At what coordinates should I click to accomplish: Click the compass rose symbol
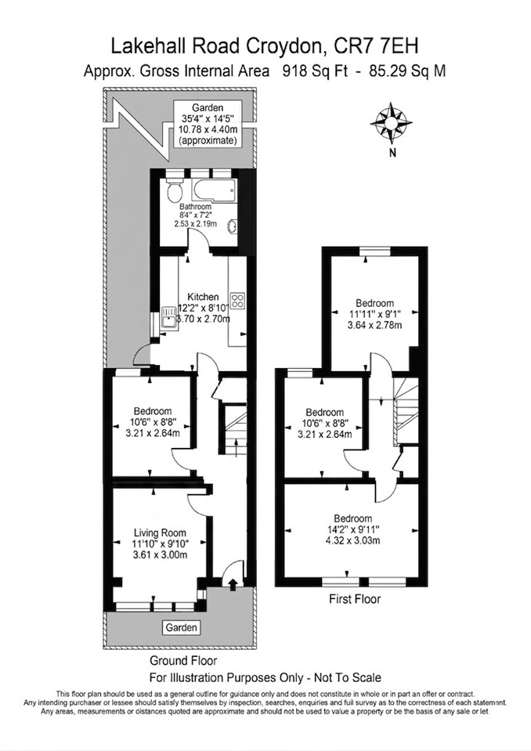point(391,123)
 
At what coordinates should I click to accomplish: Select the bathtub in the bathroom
point(214,190)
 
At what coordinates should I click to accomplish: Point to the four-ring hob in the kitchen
point(237,300)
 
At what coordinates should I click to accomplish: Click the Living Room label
point(160,533)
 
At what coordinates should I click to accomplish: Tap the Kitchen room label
point(203,298)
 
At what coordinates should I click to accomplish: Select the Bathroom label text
point(195,207)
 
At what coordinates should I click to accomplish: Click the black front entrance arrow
point(233,584)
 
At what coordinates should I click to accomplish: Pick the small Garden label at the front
point(182,627)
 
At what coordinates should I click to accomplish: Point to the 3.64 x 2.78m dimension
point(374,326)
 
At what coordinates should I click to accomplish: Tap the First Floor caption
point(355,599)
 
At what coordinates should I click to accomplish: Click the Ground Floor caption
point(183,661)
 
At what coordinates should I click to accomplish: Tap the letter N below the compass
point(392,153)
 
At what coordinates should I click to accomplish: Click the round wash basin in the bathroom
point(233,225)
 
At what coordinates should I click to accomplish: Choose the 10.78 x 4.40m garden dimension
point(208,129)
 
